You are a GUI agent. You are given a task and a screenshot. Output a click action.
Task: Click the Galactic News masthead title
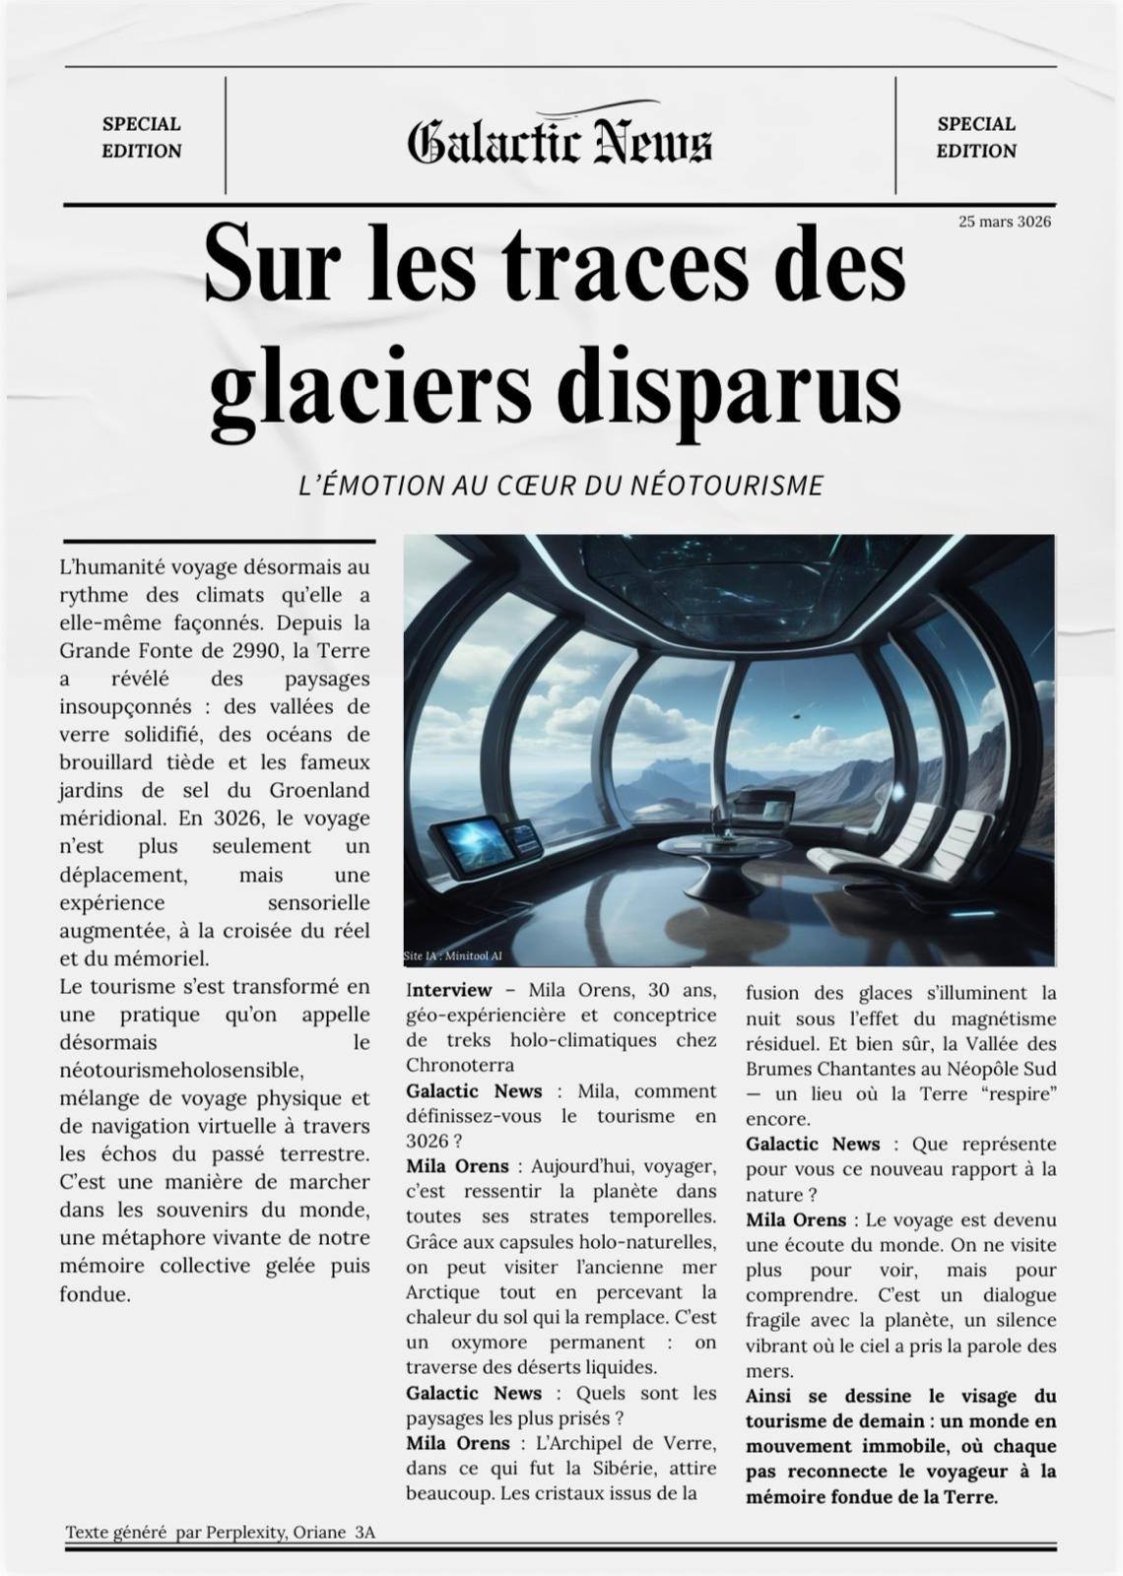point(560,141)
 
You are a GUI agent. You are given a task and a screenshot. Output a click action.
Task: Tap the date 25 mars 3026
point(1004,222)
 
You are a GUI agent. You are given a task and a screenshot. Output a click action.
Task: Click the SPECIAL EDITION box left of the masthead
point(142,137)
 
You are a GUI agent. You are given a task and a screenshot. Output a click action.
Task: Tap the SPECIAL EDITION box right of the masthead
point(975,137)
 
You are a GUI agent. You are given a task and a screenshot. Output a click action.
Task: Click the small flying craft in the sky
point(794,716)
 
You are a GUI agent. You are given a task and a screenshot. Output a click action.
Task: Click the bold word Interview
point(448,990)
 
